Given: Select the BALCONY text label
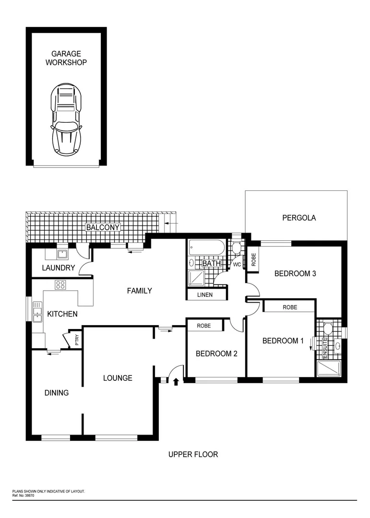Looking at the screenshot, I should coord(102,227).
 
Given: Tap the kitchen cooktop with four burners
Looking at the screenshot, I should coord(60,284).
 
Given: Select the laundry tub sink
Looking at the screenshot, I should coord(62,254).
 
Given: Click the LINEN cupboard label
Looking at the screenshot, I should coord(205,295).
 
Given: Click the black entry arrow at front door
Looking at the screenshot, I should coord(176,381).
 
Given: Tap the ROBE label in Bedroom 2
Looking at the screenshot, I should coord(204,325).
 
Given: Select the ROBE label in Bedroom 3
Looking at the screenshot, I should coord(253,259).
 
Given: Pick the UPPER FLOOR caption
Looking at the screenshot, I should coord(193,454).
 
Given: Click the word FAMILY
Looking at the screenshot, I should coord(139,291).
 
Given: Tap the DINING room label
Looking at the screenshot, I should coord(56,393).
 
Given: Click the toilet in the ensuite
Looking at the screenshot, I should coord(328,329).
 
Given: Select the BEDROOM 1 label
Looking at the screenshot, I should coord(283,341).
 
